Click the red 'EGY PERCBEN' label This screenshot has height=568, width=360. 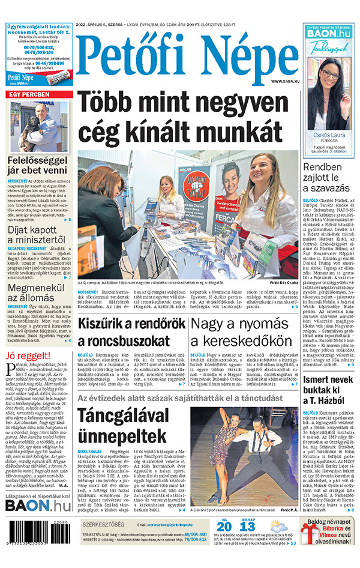(x=28, y=95)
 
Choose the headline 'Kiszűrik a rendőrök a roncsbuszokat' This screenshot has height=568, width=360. (x=132, y=332)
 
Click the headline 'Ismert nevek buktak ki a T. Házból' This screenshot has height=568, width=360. (x=328, y=390)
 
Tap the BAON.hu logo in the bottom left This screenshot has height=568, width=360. (x=38, y=506)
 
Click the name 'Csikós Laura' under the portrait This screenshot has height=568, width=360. (x=329, y=136)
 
